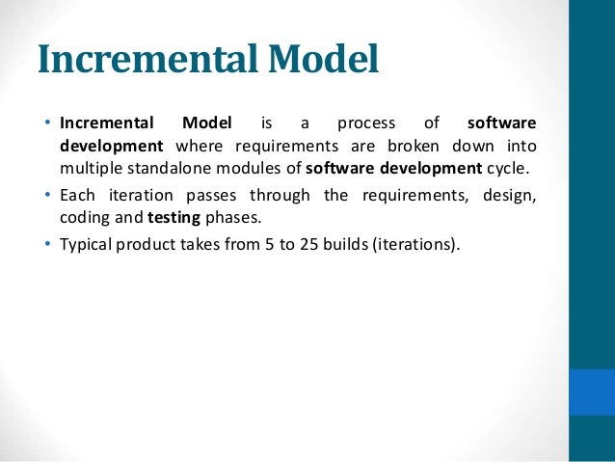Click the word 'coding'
(x=84, y=218)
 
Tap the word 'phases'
(x=232, y=218)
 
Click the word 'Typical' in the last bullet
(x=87, y=242)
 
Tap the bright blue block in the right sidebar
(x=591, y=392)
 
